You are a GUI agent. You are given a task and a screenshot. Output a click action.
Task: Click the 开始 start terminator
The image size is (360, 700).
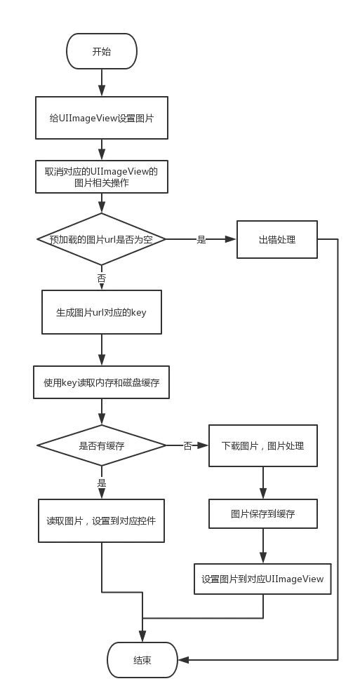tap(102, 51)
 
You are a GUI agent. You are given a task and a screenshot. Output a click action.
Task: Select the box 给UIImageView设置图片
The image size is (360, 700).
tap(102, 118)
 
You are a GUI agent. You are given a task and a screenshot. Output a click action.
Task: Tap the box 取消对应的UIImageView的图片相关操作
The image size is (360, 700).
tap(102, 177)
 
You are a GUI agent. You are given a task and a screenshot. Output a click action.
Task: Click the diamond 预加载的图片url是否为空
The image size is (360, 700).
tap(102, 239)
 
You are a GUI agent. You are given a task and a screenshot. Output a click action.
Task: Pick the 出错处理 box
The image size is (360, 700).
tap(277, 239)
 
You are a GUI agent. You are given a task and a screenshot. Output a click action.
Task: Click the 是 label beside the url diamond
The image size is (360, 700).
tap(201, 240)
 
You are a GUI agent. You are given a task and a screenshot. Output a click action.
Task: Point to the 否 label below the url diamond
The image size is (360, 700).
tap(102, 278)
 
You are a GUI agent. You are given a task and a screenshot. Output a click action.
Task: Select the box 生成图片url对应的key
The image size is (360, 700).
tap(102, 312)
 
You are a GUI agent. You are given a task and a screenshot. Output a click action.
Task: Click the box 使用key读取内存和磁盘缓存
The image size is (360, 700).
tap(102, 382)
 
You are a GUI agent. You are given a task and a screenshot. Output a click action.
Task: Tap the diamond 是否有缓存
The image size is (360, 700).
tap(102, 445)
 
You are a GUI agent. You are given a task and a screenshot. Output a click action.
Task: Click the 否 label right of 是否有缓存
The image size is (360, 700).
tap(187, 446)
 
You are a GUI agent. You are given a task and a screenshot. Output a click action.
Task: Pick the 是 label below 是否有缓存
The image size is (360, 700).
tap(102, 483)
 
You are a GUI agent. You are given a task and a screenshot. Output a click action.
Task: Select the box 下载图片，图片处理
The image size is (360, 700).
tap(263, 445)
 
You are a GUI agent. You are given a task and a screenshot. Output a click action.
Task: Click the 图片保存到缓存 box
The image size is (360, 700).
tap(263, 513)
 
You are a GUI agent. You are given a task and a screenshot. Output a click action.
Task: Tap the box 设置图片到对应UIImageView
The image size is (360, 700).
tap(263, 579)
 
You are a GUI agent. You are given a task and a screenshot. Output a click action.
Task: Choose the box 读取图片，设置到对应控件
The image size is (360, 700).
tap(102, 520)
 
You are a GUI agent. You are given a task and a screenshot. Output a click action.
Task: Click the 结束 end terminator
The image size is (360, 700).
tap(142, 660)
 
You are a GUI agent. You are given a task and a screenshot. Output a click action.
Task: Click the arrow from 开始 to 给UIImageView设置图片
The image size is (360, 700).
tap(102, 83)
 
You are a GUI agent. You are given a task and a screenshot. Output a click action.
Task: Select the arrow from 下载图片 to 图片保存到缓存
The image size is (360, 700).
tap(263, 483)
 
